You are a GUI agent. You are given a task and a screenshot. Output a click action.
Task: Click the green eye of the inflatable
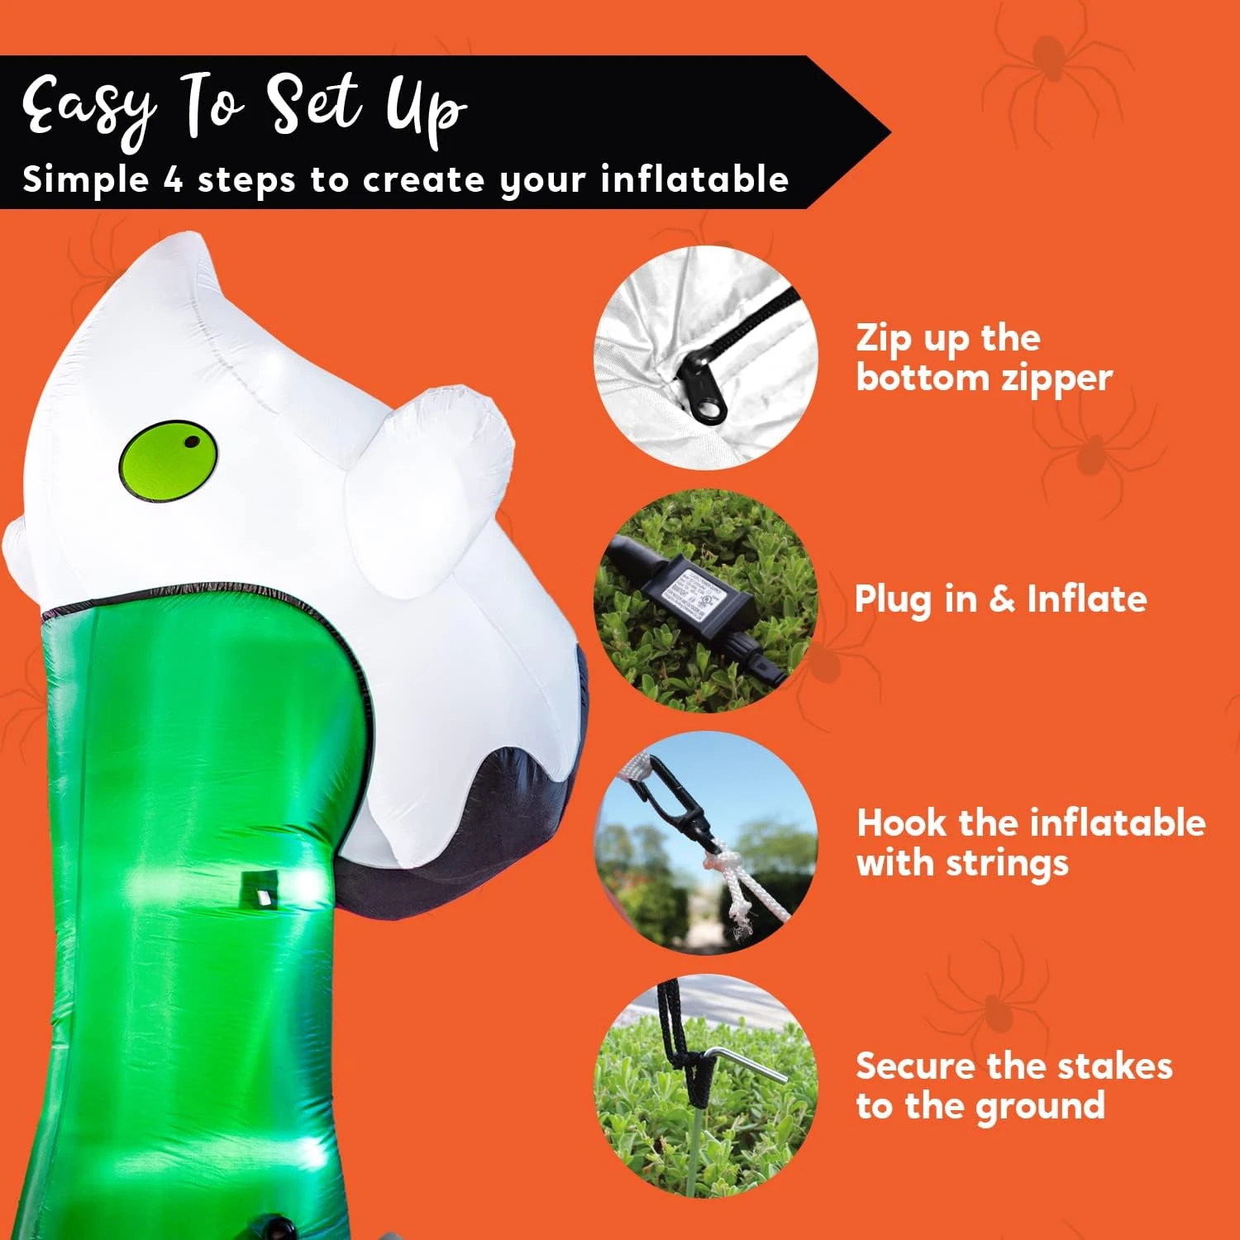click(x=168, y=461)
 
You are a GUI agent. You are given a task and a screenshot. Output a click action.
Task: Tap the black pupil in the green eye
click(x=192, y=441)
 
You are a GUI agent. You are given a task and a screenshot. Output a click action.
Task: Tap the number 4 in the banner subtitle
click(x=173, y=179)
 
